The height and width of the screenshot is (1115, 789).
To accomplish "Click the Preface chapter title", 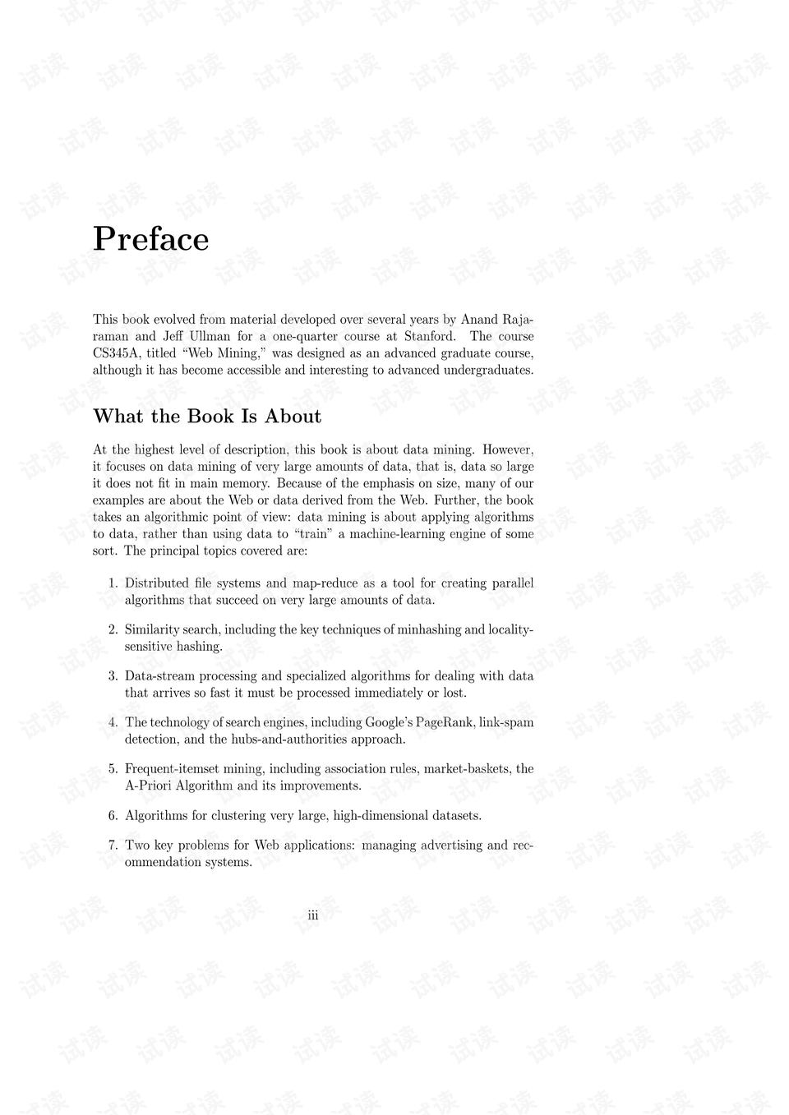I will tap(151, 239).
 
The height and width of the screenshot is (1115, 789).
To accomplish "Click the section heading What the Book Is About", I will tap(207, 416).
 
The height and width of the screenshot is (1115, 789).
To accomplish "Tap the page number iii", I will tap(312, 915).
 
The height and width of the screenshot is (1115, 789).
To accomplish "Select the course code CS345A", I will tap(117, 352).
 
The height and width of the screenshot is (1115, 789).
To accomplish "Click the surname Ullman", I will tap(208, 336).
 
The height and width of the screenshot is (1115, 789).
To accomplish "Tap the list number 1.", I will tap(113, 583).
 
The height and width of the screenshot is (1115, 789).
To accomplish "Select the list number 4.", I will tap(113, 722).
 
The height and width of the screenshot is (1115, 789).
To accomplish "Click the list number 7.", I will tap(113, 845).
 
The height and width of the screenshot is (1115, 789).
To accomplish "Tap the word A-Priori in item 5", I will tap(149, 786).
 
